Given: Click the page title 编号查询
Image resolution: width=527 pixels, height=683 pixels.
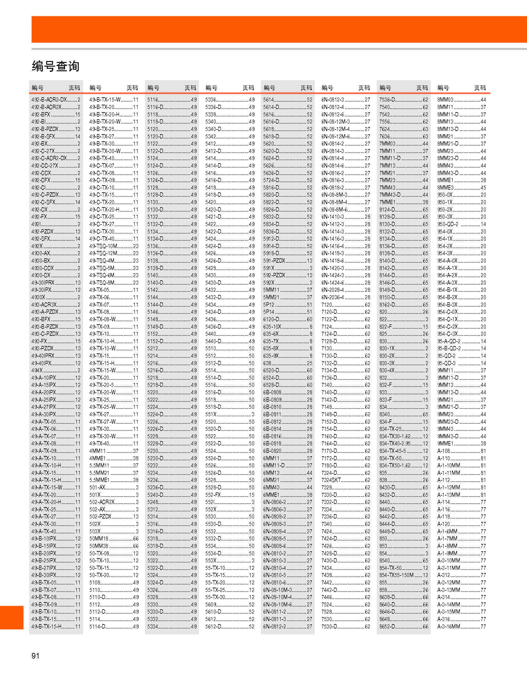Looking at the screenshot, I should pos(55,66).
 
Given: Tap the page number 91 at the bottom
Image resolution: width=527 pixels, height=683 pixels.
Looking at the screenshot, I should pos(35,656).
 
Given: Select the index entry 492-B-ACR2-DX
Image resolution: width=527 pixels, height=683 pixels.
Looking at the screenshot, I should pos(49,100).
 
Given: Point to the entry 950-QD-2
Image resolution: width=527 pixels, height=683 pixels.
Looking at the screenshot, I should pos(448,224).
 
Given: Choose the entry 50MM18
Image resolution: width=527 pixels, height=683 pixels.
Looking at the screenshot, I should pos(99,539).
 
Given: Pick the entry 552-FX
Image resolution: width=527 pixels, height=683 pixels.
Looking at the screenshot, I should pos(213,495).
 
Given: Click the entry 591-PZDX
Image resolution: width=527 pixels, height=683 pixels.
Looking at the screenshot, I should pos(274,261).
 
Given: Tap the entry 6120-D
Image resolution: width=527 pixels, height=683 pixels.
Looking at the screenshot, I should pos(271,319).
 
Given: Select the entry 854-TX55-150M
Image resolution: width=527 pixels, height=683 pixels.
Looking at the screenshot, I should pos(396,575).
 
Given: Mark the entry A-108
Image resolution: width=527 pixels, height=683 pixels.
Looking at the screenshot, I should pos(443,451).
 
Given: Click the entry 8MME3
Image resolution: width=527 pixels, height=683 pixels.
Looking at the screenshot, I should pos(446,188).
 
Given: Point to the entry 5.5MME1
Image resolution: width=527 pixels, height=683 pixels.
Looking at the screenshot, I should pos(99,480).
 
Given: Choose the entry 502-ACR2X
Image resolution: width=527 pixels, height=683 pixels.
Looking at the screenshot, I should pos(102,502).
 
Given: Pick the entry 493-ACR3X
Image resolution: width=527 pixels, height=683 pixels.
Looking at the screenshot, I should pos(44,304).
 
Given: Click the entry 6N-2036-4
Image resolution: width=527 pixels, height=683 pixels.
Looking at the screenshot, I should pos(332,297).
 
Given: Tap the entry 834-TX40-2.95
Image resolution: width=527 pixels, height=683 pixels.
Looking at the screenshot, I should pos(395,444).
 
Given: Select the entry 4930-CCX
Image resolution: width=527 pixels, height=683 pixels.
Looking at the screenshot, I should pos(42,268).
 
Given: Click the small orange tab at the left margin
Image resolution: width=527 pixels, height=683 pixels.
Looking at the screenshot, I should pos(11,617).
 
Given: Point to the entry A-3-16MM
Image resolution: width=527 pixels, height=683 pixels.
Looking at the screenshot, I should pos(449,626).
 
